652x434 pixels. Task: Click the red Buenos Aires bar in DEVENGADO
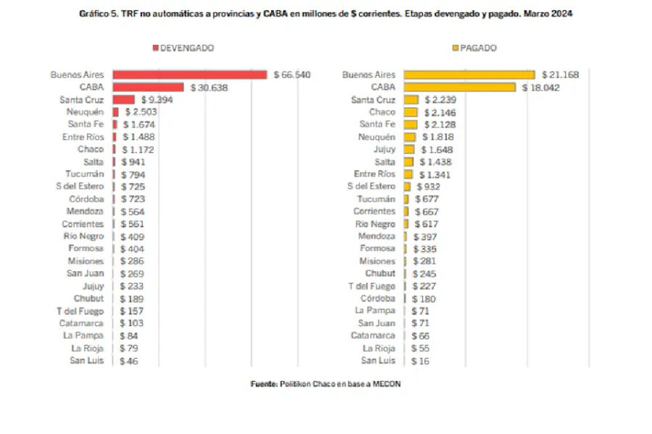190,75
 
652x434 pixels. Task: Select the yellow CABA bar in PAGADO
459,87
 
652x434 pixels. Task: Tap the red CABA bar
148,87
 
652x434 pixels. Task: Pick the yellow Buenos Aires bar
469,75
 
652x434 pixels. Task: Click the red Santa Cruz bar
124,99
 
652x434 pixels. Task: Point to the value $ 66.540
292,75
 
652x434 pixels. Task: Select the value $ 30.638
209,87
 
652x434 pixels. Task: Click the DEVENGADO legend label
186,48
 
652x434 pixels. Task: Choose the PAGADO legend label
479,48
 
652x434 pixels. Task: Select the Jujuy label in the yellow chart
385,149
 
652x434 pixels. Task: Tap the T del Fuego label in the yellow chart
372,286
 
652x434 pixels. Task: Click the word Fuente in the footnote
264,384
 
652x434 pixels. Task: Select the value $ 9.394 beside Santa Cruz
159,99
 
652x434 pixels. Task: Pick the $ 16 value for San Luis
419,360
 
